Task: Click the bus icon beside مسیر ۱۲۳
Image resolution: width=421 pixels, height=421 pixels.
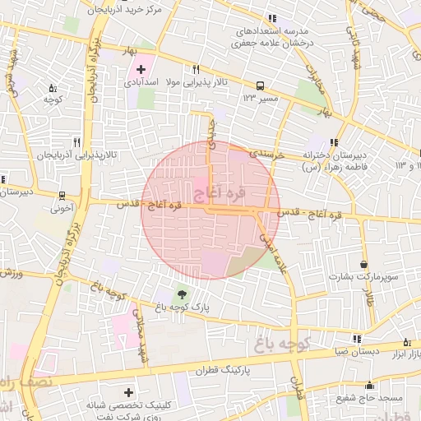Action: [261, 85]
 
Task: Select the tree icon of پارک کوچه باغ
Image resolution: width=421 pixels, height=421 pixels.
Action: [180, 294]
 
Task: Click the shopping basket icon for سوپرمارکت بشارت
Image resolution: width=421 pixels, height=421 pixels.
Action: [364, 264]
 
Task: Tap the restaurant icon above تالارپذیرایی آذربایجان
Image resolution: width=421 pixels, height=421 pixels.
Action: [76, 141]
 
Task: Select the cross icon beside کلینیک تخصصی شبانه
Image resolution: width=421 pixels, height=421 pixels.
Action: [128, 392]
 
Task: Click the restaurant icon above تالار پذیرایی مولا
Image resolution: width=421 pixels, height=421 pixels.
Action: [196, 70]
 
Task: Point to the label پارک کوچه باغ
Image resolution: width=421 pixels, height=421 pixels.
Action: [182, 307]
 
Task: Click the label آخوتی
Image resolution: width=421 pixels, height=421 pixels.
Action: [62, 209]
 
